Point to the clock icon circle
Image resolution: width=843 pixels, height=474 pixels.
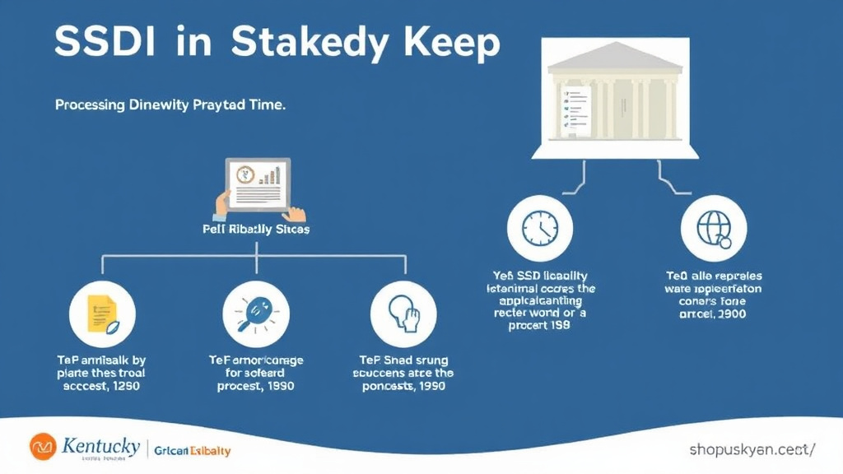click(540, 228)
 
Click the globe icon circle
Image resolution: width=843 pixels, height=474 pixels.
click(714, 228)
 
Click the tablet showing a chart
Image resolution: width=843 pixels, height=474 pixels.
click(258, 183)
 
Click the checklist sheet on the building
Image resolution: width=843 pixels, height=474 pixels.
click(576, 109)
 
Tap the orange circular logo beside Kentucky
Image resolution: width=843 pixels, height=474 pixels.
click(42, 447)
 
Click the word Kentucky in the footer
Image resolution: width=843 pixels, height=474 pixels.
click(100, 447)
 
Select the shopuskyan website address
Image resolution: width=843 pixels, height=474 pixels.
click(752, 449)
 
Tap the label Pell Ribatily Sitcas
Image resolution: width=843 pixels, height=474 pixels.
click(256, 230)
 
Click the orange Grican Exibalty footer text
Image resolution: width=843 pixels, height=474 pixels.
click(193, 451)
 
